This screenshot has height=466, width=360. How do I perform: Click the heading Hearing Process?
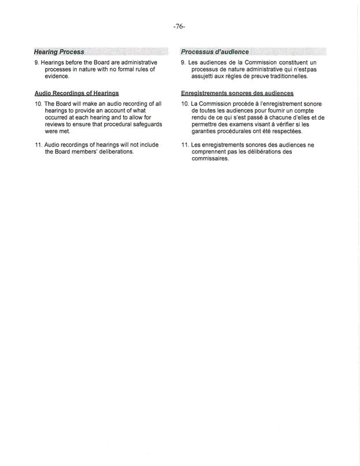59,52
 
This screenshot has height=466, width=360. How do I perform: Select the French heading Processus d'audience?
214,52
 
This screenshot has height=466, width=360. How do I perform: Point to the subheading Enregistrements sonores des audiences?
236,92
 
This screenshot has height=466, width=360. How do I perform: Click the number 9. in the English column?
37,62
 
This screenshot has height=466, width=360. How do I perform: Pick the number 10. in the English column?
39,104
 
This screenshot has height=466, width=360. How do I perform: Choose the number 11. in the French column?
185,145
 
